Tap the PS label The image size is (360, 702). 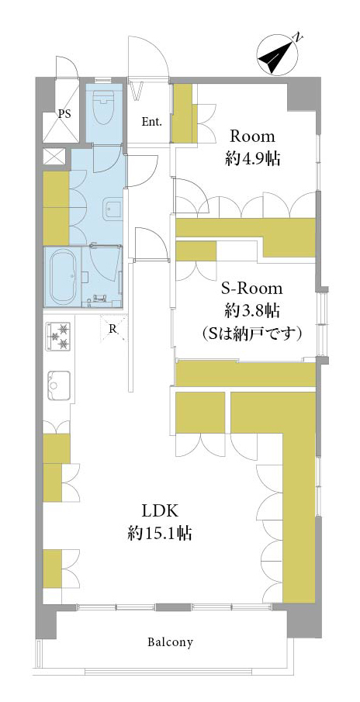coord(64,114)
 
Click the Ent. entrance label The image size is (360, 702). coord(152,122)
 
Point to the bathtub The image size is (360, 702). coord(65,276)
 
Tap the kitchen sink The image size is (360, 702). coord(59,385)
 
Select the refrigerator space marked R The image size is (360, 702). coord(114,328)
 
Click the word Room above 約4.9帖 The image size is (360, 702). coord(251,136)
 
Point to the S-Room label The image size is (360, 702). coord(252,289)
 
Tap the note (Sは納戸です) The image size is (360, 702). coord(251,333)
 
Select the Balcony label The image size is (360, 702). coord(171,642)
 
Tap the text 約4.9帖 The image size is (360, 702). coord(252,159)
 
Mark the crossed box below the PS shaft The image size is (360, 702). coord(54,157)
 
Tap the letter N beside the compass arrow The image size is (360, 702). coord(297,37)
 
